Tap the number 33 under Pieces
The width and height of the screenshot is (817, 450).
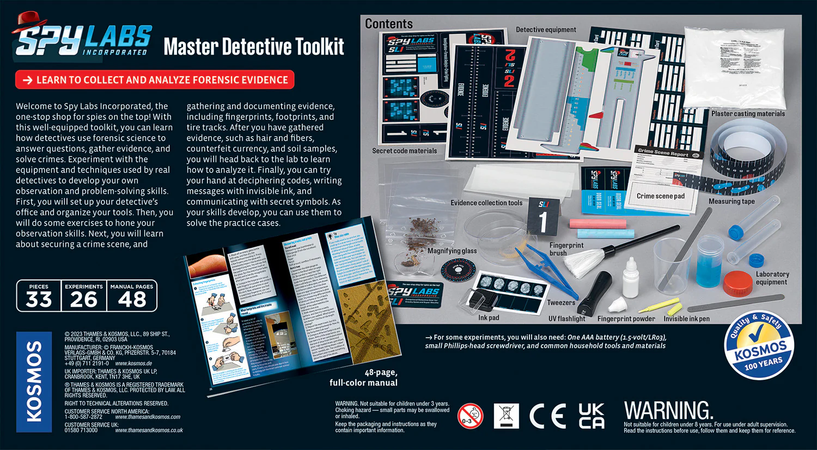(39, 299)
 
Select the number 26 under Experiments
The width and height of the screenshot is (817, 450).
(84, 299)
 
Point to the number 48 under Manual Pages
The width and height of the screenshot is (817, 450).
(132, 299)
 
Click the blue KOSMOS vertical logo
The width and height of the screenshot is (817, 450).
(34, 381)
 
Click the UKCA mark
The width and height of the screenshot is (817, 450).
(592, 416)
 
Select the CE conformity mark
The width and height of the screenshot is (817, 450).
(547, 416)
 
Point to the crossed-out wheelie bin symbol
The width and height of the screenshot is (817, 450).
(506, 416)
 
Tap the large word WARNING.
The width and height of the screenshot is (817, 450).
(668, 411)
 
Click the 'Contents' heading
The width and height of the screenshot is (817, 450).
(389, 24)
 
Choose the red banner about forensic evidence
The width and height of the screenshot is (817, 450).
(155, 80)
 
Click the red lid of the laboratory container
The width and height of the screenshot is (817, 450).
(737, 283)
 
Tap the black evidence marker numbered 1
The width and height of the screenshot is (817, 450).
(543, 216)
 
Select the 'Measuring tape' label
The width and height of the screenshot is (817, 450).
(731, 202)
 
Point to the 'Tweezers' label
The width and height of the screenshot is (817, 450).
(561, 302)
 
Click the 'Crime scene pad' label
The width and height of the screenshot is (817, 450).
(660, 196)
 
